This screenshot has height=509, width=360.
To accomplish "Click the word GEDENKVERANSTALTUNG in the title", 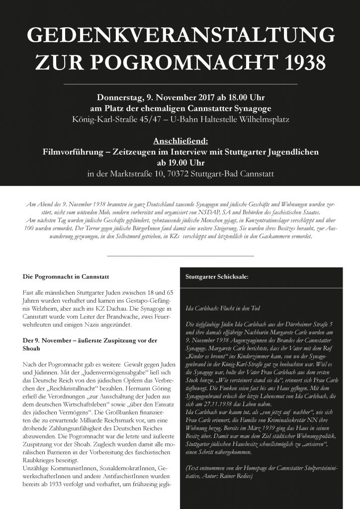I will click(x=180, y=36).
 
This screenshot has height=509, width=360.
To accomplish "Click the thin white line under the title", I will click(x=180, y=85).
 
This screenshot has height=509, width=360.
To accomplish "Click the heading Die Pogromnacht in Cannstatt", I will click(x=66, y=276).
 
